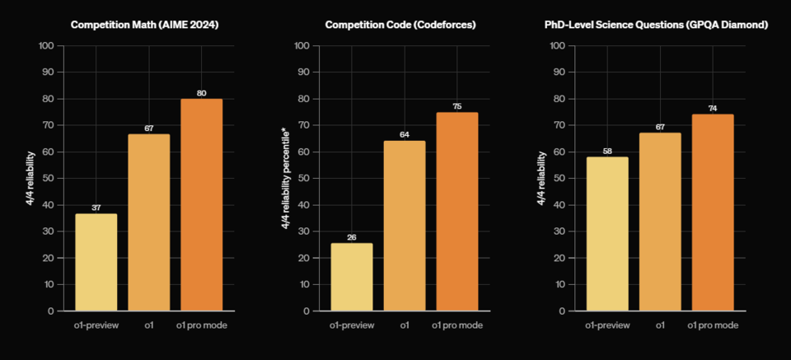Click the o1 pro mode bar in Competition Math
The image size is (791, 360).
click(x=202, y=204)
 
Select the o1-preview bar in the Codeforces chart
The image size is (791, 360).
click(x=352, y=277)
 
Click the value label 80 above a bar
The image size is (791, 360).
click(x=202, y=93)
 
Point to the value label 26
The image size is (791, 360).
click(x=352, y=237)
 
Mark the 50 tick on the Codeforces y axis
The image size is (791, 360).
click(x=302, y=178)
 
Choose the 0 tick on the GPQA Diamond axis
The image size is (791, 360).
click(x=561, y=311)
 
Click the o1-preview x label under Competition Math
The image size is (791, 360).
click(x=96, y=325)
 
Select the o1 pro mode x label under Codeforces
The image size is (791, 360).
click(x=457, y=325)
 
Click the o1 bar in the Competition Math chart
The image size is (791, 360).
click(x=149, y=222)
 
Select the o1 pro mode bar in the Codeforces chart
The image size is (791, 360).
click(x=457, y=212)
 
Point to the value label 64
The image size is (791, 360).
click(x=405, y=135)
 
